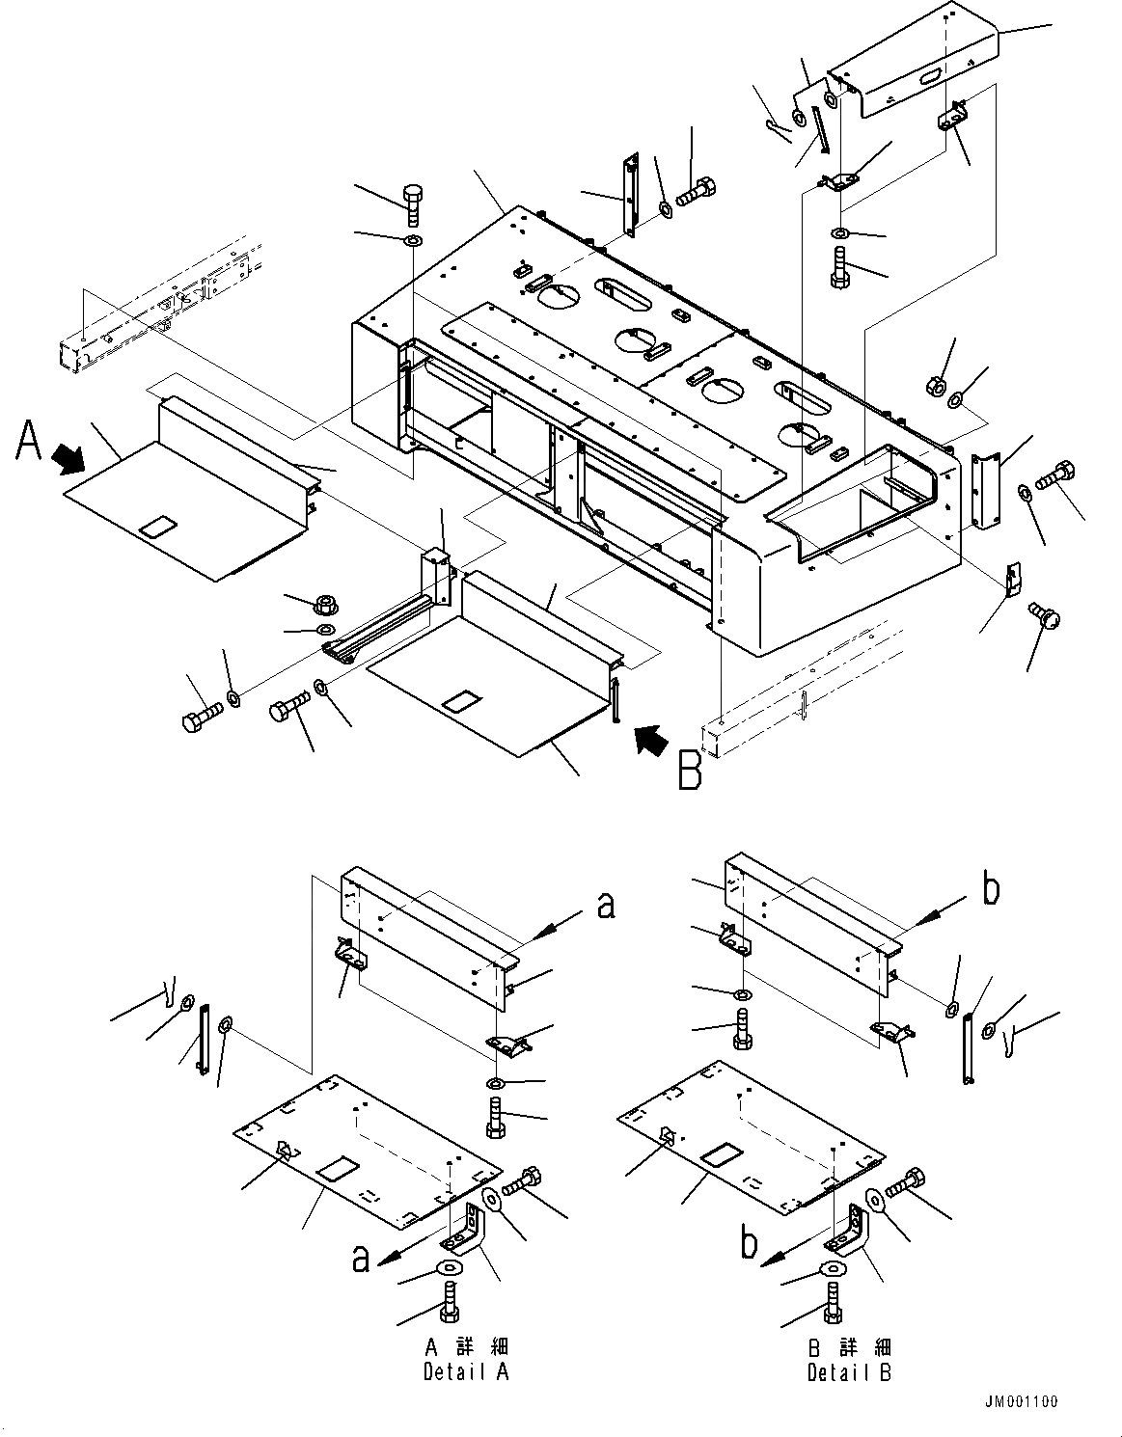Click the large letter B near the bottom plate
pyautogui.click(x=690, y=772)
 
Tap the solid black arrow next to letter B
pyautogui.click(x=651, y=742)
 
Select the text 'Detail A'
pyautogui.click(x=465, y=1371)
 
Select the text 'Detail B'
pyautogui.click(x=849, y=1371)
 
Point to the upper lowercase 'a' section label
pyautogui.click(x=605, y=905)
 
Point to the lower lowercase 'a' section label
pyautogui.click(x=360, y=1258)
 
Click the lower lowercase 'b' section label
pyautogui.click(x=748, y=1244)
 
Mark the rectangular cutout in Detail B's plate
pyautogui.click(x=719, y=1153)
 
